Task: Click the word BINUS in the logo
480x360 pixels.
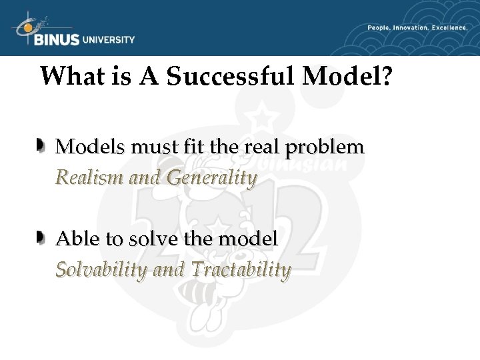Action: click(x=56, y=39)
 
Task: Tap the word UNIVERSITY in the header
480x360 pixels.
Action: click(x=108, y=39)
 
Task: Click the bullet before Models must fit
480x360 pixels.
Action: click(x=42, y=145)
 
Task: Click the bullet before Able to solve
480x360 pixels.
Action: click(x=42, y=237)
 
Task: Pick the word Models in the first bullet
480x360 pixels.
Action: click(x=89, y=147)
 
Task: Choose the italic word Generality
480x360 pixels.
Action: click(x=211, y=177)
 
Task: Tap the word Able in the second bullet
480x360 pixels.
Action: click(x=75, y=239)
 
